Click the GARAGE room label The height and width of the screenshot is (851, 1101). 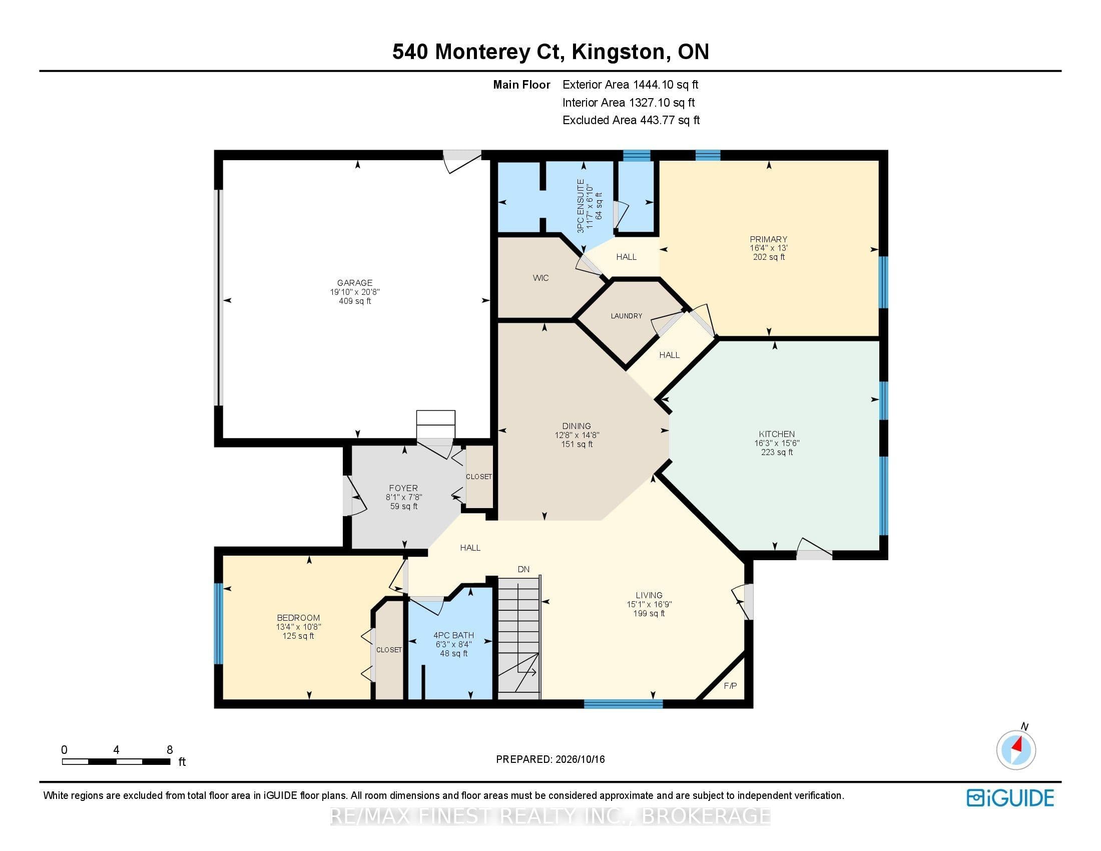click(x=355, y=283)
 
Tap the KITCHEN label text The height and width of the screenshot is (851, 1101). click(x=777, y=434)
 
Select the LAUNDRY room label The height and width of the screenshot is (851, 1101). click(x=627, y=316)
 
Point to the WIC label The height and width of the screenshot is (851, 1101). click(x=540, y=278)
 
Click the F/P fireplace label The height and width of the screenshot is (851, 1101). click(x=731, y=686)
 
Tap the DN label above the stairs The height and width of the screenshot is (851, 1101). click(x=524, y=569)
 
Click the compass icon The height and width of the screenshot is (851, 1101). click(x=1016, y=749)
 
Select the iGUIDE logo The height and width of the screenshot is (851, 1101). click(x=1010, y=797)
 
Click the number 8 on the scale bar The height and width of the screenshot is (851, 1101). click(x=170, y=750)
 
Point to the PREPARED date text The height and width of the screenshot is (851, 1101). click(x=550, y=759)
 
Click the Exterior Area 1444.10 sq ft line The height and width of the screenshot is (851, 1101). click(x=631, y=85)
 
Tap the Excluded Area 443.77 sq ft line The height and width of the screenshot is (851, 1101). click(x=631, y=120)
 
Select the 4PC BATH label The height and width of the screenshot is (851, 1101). click(x=454, y=635)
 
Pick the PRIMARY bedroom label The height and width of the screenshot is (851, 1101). click(x=768, y=239)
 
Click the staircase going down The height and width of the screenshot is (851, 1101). click(x=519, y=638)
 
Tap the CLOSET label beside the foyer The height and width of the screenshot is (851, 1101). click(x=478, y=477)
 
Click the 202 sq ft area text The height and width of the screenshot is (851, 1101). click(x=769, y=257)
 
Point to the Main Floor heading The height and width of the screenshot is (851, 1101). click(x=522, y=85)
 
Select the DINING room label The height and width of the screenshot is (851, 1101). click(x=577, y=426)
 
